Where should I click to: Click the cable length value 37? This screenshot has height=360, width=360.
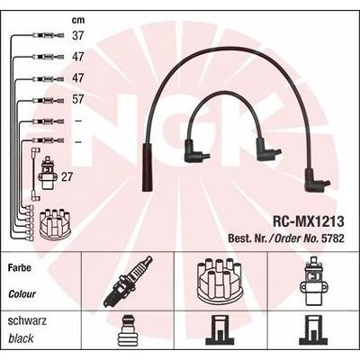tap(77, 35)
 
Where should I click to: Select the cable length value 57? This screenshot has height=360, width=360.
tap(77, 99)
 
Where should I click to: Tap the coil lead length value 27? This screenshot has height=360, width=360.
tap(67, 177)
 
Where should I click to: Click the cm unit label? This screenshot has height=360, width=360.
tap(78, 21)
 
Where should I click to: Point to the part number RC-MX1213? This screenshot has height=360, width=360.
tap(308, 221)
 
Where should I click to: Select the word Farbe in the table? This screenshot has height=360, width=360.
tap(20, 267)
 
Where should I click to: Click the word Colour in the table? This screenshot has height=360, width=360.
tap(22, 293)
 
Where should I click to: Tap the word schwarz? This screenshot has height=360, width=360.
tap(27, 321)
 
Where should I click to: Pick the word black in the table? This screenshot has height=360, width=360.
tap(21, 339)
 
